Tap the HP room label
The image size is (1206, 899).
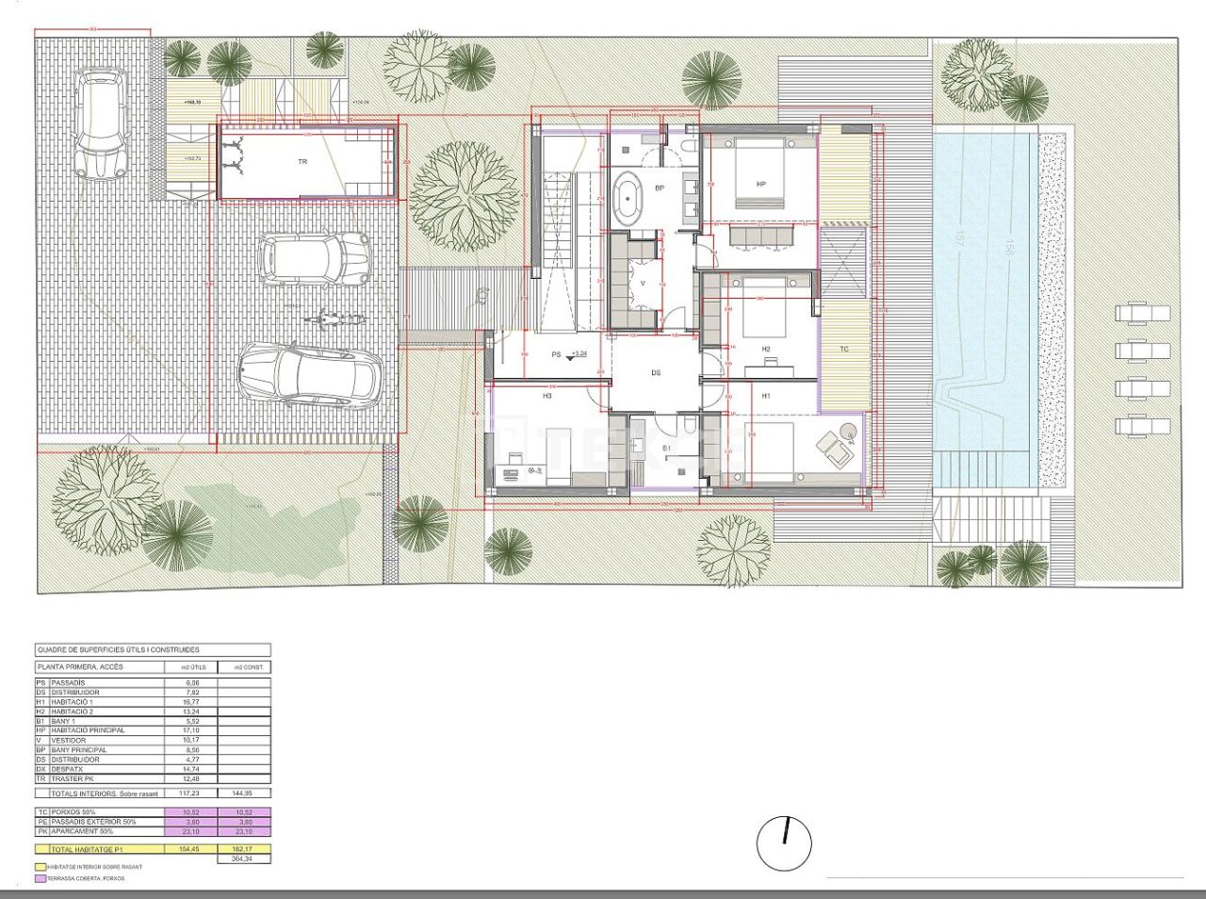760,185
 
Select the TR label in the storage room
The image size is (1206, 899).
302,162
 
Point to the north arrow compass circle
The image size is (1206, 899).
784,842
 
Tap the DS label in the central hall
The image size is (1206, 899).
656,373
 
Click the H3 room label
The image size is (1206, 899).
546,397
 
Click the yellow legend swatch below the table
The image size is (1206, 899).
41,867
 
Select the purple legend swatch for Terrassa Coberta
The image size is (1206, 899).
41,878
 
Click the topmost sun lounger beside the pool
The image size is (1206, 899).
1141,313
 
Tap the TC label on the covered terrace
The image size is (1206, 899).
844,350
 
